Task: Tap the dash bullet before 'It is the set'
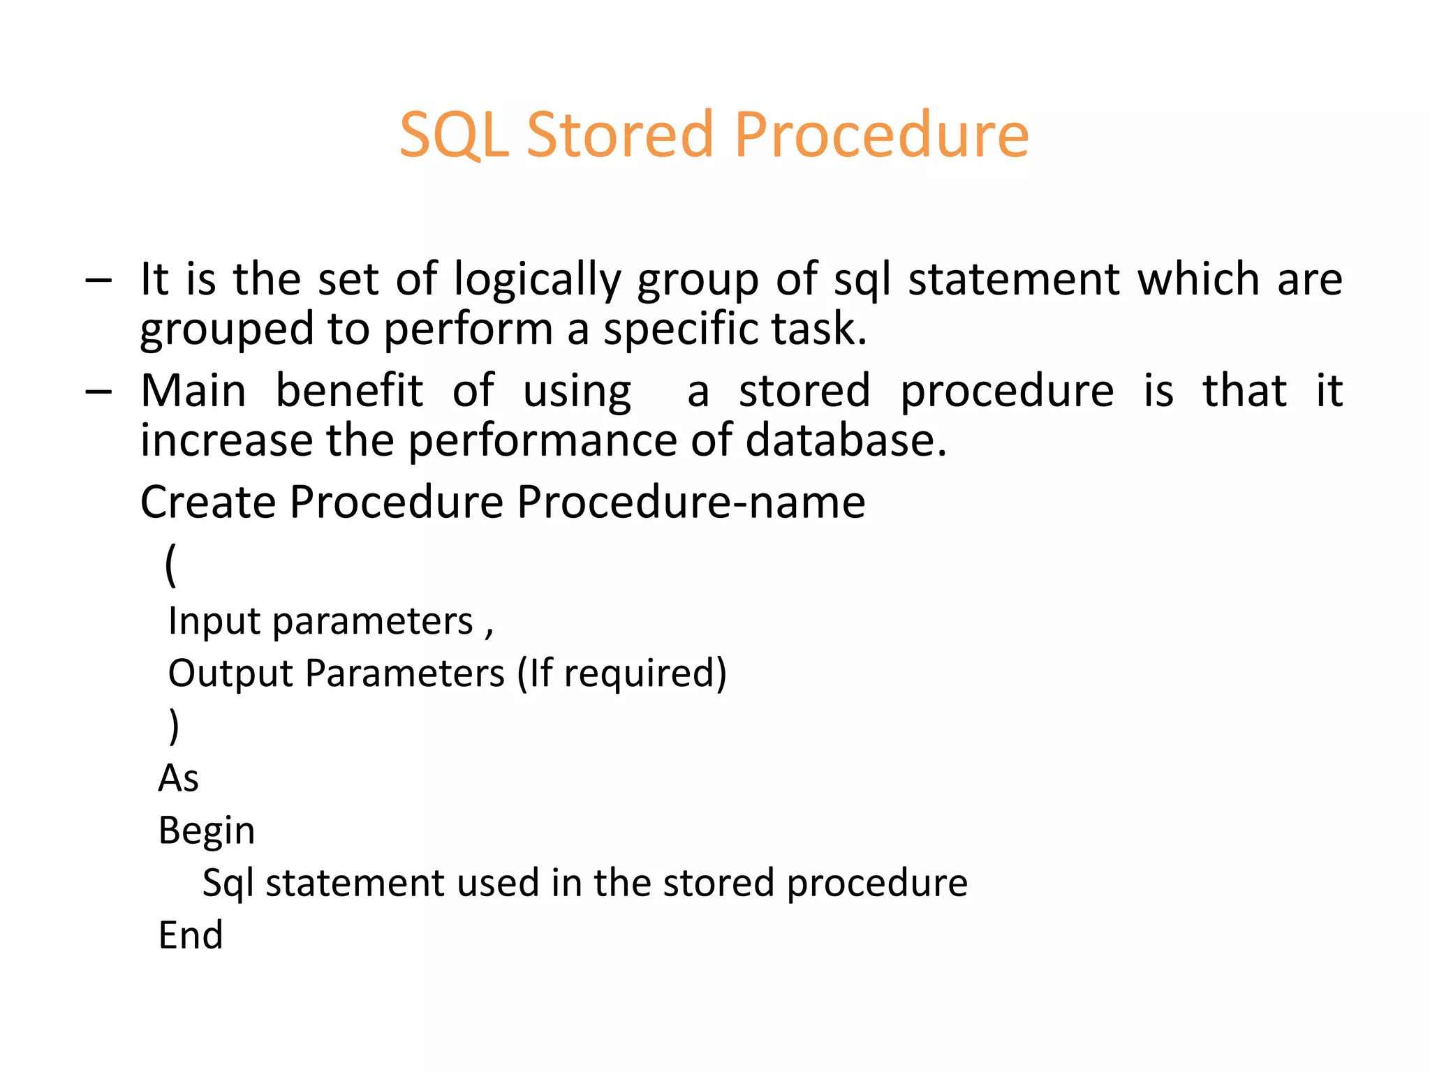point(98,280)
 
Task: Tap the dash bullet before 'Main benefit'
point(98,392)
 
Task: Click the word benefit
point(349,391)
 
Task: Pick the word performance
point(542,442)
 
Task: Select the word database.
point(845,440)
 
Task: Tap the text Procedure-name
point(691,502)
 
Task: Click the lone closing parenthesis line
point(174,726)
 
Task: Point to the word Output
point(230,673)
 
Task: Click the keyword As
point(179,778)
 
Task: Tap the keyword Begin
point(207,831)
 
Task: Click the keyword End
point(191,935)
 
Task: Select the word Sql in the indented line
point(228,884)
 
